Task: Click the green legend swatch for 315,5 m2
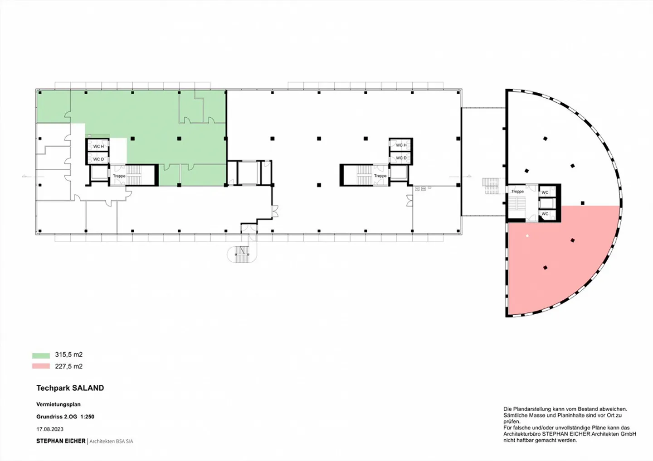41,355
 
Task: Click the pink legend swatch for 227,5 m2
41,366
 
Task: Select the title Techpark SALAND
70,388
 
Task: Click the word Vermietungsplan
58,404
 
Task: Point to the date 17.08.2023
50,429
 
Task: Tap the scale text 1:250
87,417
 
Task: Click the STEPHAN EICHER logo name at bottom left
61,441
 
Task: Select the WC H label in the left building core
98,146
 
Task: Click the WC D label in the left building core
98,159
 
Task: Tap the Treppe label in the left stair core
119,176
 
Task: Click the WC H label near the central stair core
401,145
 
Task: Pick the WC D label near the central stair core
401,158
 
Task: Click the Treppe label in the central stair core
380,176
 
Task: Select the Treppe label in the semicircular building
517,192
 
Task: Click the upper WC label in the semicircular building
545,192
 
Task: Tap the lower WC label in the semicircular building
545,214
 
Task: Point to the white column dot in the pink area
527,236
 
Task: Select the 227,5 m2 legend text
69,366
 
